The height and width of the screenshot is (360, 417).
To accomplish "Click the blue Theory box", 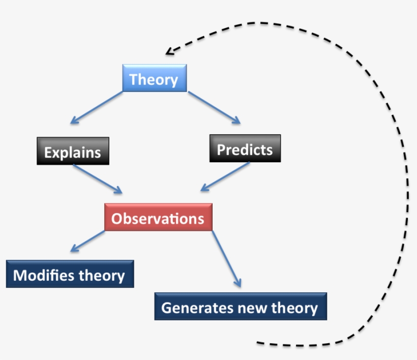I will [155, 78].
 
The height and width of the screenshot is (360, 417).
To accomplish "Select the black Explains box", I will [73, 151].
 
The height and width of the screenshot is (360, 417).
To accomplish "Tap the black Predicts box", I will [245, 148].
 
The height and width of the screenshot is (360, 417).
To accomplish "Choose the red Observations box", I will [158, 218].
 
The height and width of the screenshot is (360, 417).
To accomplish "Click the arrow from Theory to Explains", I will [96, 108].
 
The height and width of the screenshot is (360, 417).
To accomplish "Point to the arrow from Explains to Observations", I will [98, 179].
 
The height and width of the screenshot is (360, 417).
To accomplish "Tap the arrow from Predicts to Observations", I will [225, 177].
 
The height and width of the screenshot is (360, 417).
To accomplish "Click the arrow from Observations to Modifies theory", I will [87, 242].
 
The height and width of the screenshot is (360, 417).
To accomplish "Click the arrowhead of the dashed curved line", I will [169, 51].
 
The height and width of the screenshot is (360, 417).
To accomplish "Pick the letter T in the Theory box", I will [134, 79].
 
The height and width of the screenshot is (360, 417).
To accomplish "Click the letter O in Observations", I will [117, 218].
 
